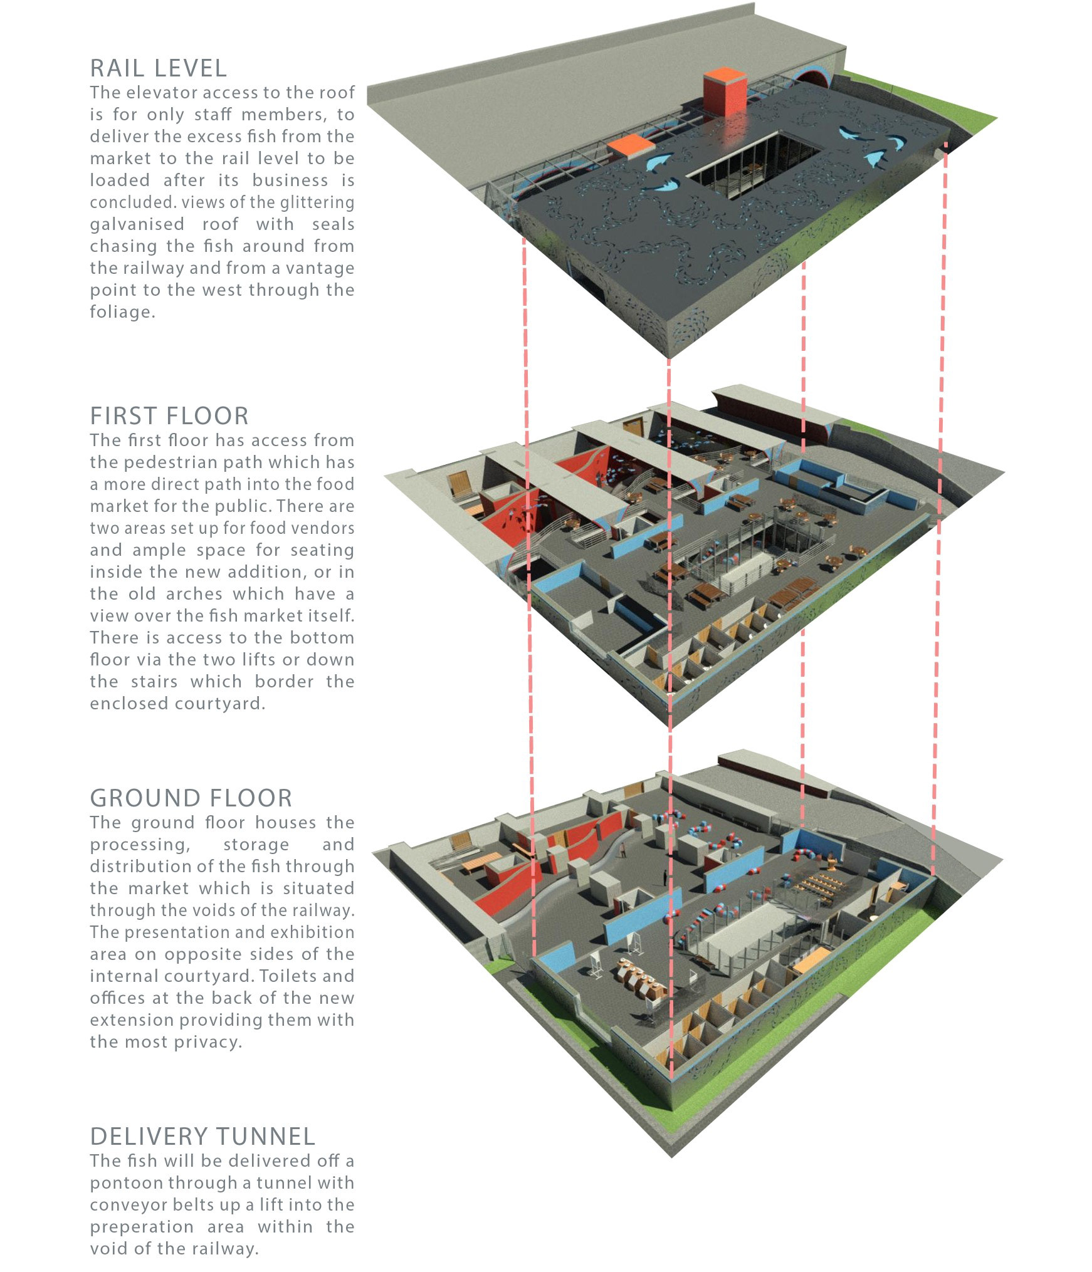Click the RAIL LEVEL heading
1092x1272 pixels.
tap(159, 68)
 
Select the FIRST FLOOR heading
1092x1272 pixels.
tap(169, 416)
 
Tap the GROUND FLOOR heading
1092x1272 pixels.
tap(191, 798)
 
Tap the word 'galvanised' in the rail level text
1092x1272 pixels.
tap(137, 224)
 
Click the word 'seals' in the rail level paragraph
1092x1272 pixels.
tap(333, 224)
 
